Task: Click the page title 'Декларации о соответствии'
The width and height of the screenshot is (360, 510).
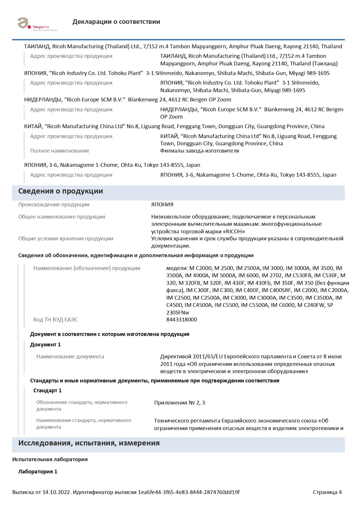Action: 116,22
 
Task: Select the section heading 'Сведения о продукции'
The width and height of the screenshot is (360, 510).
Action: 61,191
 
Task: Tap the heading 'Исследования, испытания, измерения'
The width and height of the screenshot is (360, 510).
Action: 89,443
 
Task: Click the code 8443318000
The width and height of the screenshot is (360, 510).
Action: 181,320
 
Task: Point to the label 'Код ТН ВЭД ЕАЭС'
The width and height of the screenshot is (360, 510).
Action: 55,320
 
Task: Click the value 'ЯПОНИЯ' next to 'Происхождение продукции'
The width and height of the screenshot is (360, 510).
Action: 162,205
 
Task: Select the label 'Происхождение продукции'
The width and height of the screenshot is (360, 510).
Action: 54,205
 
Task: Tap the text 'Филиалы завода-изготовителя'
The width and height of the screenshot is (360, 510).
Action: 199,151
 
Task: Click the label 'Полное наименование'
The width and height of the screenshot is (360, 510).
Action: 60,151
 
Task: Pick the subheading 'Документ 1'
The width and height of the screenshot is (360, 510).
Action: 45,345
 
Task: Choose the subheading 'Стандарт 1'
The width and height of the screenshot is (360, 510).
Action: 47,391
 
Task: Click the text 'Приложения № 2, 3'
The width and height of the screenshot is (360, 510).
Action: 179,403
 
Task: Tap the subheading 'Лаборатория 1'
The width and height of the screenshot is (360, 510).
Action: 38,472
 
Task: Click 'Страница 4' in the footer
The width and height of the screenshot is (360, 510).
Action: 327,492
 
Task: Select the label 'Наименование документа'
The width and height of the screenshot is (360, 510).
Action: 70,357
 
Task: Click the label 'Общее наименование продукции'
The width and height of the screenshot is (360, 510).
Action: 62,217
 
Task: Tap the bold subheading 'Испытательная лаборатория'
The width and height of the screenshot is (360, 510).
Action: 50,459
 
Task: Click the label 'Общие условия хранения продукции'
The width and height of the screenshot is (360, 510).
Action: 66,239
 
